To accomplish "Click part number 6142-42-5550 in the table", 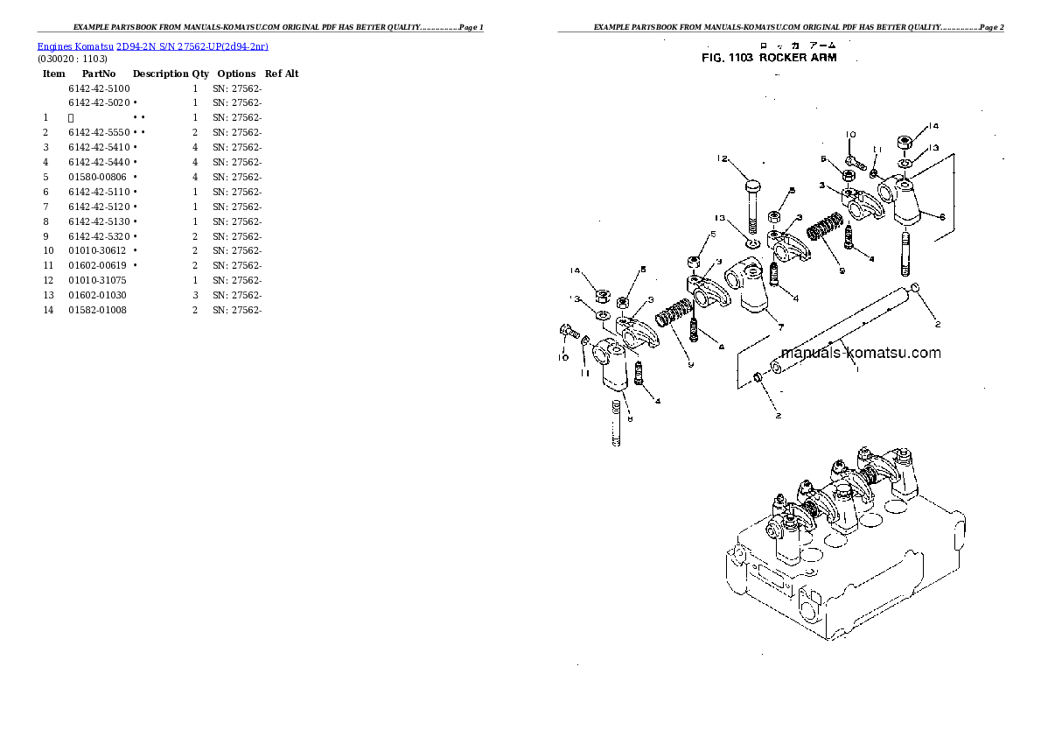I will tap(99, 132).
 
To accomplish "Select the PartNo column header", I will tap(99, 74).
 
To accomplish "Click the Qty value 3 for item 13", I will tap(195, 295).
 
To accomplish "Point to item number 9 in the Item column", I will tap(45, 236).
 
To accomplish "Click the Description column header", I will tap(160, 74).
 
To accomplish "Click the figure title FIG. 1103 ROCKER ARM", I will tap(769, 58).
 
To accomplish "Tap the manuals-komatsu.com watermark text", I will tap(859, 353).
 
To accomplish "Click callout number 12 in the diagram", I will tap(722, 158).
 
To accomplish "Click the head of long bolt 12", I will tap(751, 185).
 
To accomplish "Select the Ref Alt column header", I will tap(282, 74).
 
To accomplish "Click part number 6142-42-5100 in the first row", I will tap(99, 88).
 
